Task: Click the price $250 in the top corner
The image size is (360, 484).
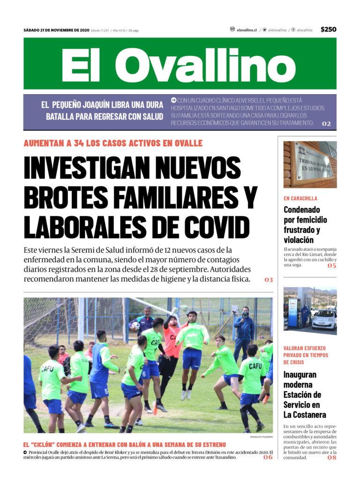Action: [x=328, y=30]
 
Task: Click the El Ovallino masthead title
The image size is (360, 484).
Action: [x=180, y=64]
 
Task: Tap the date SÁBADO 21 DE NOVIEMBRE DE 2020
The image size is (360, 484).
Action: [x=56, y=30]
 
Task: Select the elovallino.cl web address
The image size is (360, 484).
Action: [x=247, y=30]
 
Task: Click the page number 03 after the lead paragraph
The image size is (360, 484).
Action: [x=268, y=280]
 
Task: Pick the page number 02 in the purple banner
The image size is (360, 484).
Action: [x=326, y=124]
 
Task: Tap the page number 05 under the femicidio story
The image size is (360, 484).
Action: [x=332, y=266]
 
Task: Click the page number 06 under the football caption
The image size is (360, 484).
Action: [x=268, y=457]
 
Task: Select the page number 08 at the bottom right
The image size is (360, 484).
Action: [x=332, y=457]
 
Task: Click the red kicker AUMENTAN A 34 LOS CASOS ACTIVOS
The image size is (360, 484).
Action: [x=113, y=143]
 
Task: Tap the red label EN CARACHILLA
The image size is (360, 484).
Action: [x=300, y=198]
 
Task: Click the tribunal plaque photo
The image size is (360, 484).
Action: [x=310, y=164]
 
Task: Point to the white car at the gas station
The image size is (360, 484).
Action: [x=324, y=320]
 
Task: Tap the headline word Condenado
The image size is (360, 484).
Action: [x=301, y=210]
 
